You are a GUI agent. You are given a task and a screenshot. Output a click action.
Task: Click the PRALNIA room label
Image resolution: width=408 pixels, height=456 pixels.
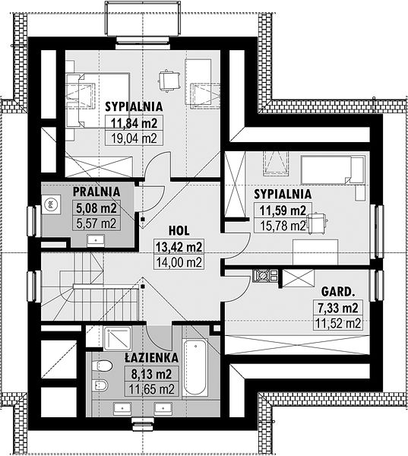tap(96, 192)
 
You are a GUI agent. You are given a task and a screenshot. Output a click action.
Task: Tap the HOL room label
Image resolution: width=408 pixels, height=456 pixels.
tap(179, 230)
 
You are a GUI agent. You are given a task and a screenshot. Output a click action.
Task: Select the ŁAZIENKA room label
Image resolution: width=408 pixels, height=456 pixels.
tap(151, 358)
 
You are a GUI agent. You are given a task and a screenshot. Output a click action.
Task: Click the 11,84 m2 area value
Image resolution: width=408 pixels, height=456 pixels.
tap(134, 123)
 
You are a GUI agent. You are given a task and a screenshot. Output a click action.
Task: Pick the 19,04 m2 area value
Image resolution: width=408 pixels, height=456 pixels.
tap(134, 138)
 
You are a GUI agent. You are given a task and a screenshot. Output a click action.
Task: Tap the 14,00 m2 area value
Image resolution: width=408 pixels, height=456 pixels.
tap(179, 262)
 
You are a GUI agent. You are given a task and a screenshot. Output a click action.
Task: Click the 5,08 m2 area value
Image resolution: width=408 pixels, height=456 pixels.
tap(96, 208)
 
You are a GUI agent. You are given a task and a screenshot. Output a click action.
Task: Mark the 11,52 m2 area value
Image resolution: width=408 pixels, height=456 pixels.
tap(338, 323)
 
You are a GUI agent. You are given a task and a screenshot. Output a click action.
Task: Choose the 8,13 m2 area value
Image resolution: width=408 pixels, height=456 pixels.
tap(151, 374)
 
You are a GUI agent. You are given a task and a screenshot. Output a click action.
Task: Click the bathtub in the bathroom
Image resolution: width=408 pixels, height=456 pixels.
tap(195, 367)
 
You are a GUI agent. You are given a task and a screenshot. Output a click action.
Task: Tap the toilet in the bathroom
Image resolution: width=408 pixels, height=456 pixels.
tap(102, 366)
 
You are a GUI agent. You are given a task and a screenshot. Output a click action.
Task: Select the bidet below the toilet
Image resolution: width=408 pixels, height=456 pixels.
tap(100, 385)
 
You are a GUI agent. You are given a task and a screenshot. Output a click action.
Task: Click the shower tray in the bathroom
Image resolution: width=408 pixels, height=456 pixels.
tap(118, 338)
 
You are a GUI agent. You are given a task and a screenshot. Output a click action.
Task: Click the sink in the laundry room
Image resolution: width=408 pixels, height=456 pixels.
tap(96, 240)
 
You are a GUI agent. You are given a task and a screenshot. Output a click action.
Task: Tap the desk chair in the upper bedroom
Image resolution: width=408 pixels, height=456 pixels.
tap(169, 81)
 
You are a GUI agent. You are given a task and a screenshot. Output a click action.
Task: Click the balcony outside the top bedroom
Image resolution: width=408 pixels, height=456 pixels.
tap(143, 19)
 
